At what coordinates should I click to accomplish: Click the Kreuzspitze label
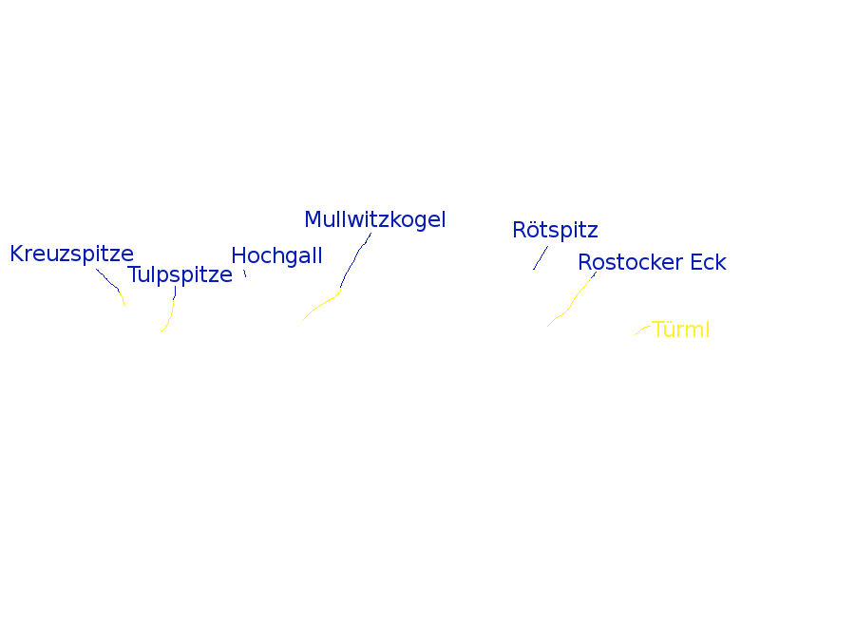71,255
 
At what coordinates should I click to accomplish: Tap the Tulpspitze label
180,275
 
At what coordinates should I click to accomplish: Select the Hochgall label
276,256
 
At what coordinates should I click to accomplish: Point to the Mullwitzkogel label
374,219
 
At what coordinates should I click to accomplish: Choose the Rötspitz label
555,231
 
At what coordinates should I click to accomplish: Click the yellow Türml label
680,330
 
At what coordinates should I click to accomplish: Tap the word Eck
708,263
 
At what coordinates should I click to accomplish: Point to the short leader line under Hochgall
245,273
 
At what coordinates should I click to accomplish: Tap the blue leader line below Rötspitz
540,258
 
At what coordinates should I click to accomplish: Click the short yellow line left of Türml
642,330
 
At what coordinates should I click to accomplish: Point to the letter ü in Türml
668,330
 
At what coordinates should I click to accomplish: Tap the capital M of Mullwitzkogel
313,219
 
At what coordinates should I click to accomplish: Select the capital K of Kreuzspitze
16,255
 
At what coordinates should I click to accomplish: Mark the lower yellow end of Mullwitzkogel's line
305,318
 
